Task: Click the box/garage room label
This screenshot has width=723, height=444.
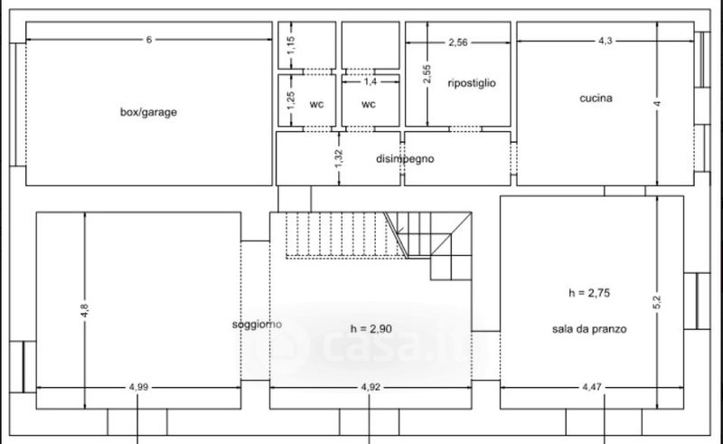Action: click(148, 112)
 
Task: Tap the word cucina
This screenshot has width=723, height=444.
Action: click(596, 98)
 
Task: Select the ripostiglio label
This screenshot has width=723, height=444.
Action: click(472, 83)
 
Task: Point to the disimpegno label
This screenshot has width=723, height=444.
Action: click(405, 159)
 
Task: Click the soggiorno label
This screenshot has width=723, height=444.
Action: click(257, 325)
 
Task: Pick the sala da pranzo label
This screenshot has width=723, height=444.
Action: click(589, 329)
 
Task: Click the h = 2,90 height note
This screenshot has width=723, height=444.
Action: click(371, 328)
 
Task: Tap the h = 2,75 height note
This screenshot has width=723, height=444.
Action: click(589, 293)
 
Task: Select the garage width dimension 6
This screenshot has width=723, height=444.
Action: click(148, 40)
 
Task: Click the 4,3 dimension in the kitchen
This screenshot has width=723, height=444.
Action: click(605, 41)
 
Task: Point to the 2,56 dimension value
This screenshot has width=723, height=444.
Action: click(458, 43)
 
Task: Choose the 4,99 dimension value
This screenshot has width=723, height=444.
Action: click(138, 387)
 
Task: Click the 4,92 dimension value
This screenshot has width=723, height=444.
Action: click(371, 387)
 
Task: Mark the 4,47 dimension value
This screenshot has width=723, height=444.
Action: click(592, 387)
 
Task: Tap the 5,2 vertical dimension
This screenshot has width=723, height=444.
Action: click(657, 302)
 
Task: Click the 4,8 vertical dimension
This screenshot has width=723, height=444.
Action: click(84, 309)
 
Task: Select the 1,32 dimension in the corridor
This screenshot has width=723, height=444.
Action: click(339, 158)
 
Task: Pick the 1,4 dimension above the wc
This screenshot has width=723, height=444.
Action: click(371, 81)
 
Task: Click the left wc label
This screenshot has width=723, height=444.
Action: click(316, 104)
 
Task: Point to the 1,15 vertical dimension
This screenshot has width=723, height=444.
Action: click(291, 45)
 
